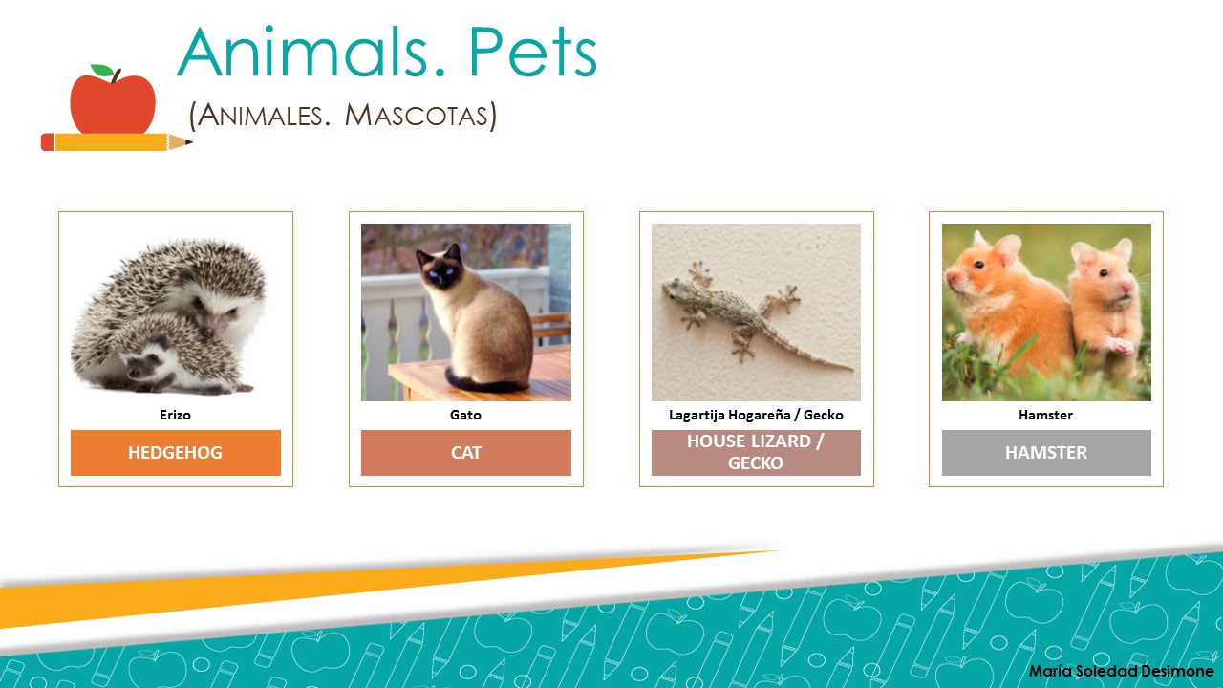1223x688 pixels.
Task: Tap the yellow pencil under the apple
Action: click(115, 142)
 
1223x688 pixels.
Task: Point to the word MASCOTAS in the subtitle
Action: click(420, 116)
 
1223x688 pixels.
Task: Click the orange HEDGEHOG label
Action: click(175, 453)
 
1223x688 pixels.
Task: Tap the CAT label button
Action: click(465, 453)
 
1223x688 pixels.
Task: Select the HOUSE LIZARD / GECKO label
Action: click(756, 453)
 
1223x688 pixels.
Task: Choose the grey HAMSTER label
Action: click(1046, 453)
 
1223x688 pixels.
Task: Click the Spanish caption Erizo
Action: click(175, 416)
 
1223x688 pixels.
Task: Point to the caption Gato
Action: click(465, 416)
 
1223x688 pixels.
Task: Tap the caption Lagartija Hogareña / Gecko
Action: click(756, 416)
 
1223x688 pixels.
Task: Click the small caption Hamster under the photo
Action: click(1046, 416)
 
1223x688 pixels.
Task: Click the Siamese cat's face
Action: click(440, 271)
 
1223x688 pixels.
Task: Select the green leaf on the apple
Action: click(101, 72)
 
